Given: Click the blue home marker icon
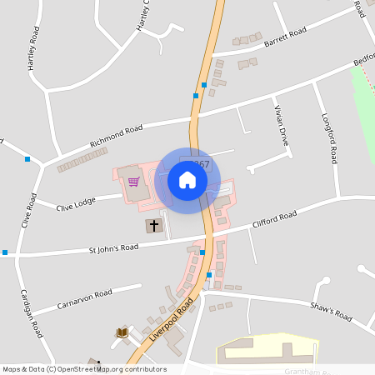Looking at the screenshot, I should pos(187,180).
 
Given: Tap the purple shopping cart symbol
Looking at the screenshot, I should pos(133,182).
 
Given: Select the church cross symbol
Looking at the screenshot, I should pos(152,225).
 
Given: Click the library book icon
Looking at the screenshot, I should pos(122,333).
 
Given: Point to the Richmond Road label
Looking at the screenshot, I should pos(122,132).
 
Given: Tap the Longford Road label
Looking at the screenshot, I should pos(327,137).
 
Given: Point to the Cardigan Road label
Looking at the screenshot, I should pos(32,312).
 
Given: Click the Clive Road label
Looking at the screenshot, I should pos(32,212).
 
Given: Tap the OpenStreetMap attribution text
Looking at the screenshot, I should pos(84,369).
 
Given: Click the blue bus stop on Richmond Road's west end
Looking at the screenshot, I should pos(27,158).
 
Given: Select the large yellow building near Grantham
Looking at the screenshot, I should pos(267,350).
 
